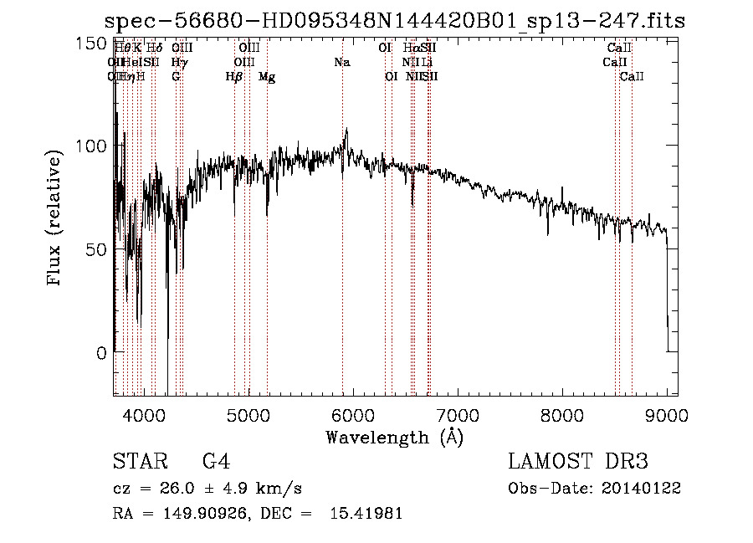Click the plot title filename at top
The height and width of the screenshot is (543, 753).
[x=398, y=21]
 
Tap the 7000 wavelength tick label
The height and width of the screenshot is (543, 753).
[x=457, y=416]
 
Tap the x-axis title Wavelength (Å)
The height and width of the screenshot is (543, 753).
[x=394, y=437]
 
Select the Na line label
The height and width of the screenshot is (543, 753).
[x=341, y=62]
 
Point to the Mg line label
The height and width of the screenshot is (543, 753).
[x=267, y=76]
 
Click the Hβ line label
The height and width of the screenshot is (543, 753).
[x=234, y=76]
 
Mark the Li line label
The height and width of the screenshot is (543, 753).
[x=427, y=62]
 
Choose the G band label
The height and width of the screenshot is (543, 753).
[x=176, y=76]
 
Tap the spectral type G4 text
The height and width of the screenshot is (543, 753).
[x=216, y=462]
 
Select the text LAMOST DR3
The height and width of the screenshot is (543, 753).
[x=578, y=462]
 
